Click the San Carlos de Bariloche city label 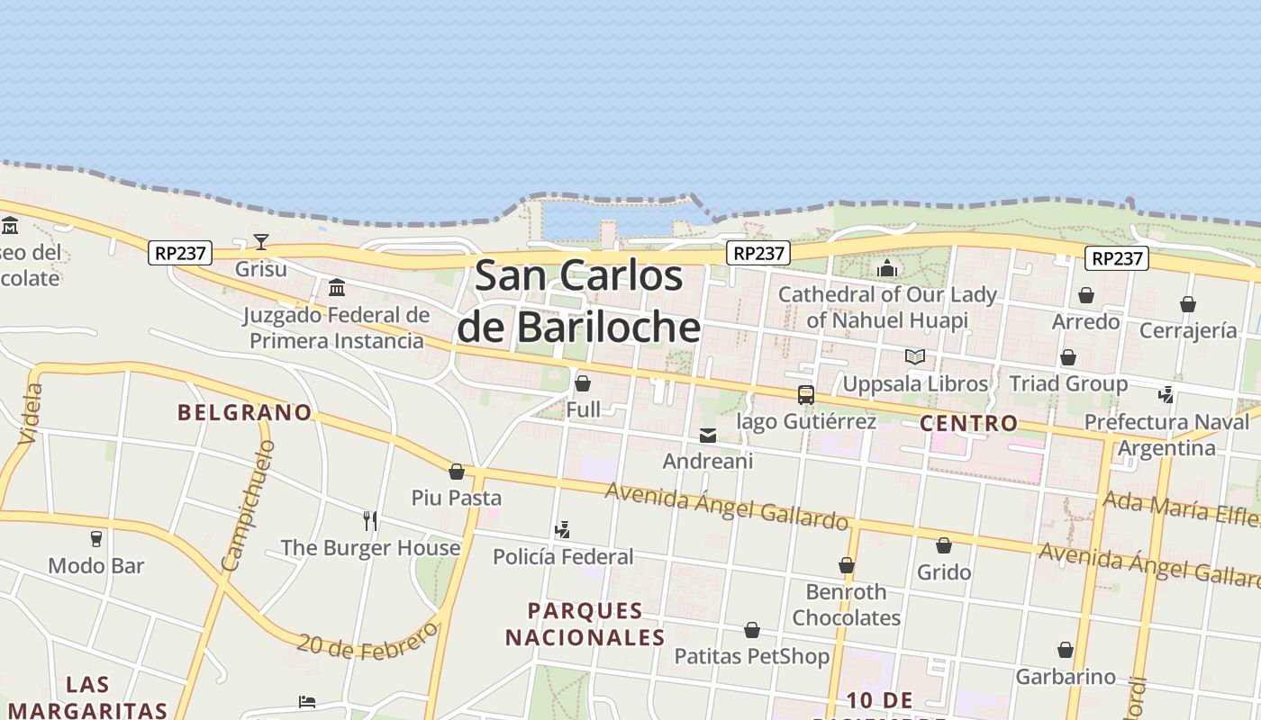click(x=578, y=301)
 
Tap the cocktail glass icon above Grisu click(x=261, y=241)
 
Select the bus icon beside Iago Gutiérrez click(x=806, y=394)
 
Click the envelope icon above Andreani click(x=708, y=436)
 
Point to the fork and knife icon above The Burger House click(x=369, y=520)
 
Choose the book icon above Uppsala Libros click(x=915, y=356)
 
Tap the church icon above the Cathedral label click(x=887, y=268)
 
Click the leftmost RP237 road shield click(x=180, y=253)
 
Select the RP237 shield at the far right click(x=1117, y=258)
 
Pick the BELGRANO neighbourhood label click(x=245, y=412)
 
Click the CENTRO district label click(x=969, y=423)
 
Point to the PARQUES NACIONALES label click(x=585, y=624)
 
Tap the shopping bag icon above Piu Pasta click(x=457, y=472)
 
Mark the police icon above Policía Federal click(x=563, y=530)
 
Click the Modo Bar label click(x=96, y=566)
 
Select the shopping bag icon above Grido click(x=944, y=545)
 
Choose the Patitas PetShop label click(x=752, y=656)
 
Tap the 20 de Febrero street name click(x=367, y=640)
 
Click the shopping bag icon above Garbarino click(x=1066, y=650)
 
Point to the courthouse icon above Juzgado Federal click(x=337, y=287)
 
